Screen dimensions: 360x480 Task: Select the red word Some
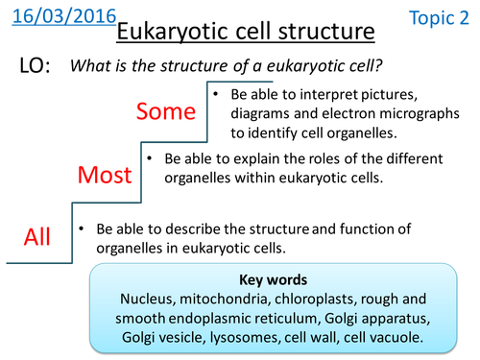coord(168,112)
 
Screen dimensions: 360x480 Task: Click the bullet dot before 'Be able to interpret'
coord(218,95)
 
